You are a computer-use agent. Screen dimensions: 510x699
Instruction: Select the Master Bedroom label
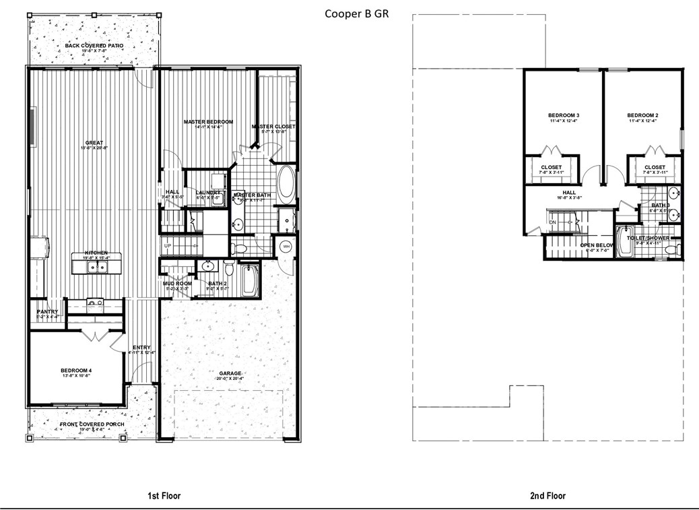coord(208,122)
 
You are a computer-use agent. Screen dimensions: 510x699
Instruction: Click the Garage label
coord(229,373)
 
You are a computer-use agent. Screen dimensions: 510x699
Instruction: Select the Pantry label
coord(47,311)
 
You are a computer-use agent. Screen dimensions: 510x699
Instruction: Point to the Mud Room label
coord(177,284)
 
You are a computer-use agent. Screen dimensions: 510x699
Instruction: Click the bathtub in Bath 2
coord(249,281)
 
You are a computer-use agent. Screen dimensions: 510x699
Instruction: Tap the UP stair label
coord(167,246)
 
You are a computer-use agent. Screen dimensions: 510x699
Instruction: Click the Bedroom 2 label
coord(642,115)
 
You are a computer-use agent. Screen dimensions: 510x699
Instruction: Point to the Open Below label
coord(597,245)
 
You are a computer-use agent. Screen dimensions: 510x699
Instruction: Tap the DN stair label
coord(552,222)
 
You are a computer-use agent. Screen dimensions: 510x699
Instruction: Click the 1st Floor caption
coord(164,496)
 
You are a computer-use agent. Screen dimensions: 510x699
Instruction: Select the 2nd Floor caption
coord(547,496)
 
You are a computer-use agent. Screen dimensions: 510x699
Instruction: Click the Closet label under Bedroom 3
coord(551,167)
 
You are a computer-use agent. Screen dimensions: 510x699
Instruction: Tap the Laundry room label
coord(208,193)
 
